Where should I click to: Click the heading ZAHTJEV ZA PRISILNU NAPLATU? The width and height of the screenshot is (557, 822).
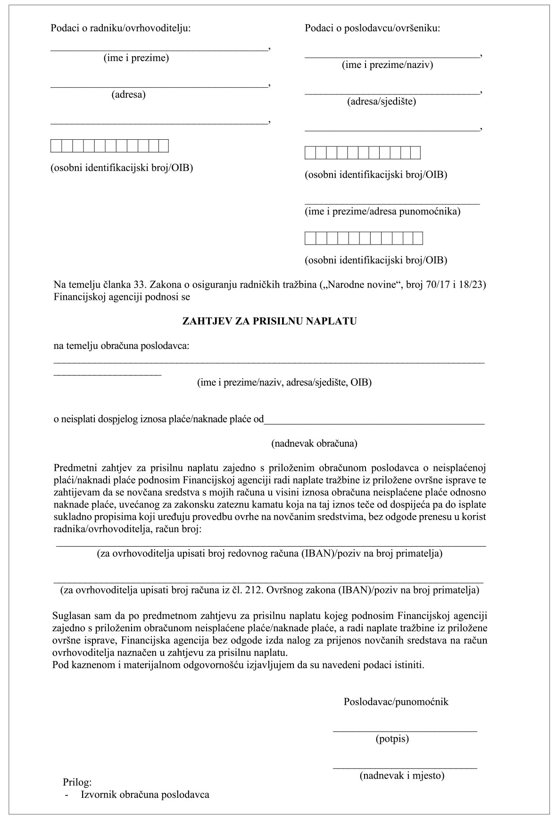tap(269, 322)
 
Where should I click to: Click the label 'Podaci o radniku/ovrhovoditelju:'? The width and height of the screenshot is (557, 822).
tap(121, 28)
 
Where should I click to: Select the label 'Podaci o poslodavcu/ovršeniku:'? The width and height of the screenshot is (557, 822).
tap(373, 28)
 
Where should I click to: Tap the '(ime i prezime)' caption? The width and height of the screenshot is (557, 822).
tap(136, 58)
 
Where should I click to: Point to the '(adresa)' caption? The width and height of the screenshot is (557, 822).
tap(128, 94)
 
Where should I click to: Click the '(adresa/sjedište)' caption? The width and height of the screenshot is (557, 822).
tap(382, 102)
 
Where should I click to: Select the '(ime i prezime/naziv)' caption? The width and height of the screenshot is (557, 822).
tap(387, 65)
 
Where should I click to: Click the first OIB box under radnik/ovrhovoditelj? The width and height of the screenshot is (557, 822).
tap(56, 146)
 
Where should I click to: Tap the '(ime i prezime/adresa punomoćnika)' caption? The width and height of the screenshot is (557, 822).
tap(382, 212)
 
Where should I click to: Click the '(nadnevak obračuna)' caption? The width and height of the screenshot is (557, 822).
tap(314, 443)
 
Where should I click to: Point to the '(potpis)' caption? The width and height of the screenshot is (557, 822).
tap(392, 739)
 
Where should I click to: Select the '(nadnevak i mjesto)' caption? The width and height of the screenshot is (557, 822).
tap(402, 775)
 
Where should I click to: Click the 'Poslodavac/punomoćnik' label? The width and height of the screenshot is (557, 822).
tap(396, 702)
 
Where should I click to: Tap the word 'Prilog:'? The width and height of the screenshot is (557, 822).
tap(77, 781)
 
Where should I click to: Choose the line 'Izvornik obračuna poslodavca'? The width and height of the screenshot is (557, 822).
tap(145, 795)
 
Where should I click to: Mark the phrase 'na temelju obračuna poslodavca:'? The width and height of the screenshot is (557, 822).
tap(122, 346)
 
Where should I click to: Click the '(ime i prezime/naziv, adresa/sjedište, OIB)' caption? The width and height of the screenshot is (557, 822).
tap(284, 382)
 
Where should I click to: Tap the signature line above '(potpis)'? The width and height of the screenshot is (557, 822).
tap(405, 731)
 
